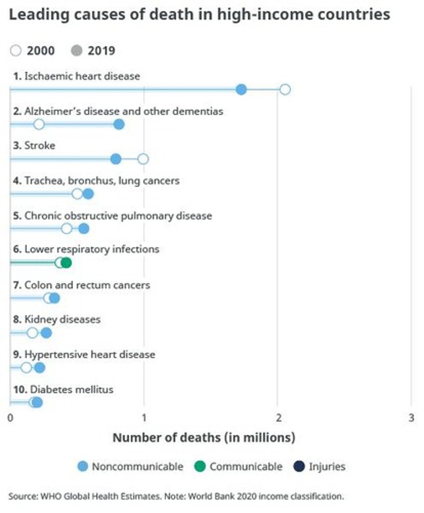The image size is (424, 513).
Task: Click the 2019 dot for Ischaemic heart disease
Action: point(241,90)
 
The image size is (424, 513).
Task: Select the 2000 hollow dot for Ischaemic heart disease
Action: point(285,90)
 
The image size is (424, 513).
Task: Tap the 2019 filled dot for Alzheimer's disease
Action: point(119,124)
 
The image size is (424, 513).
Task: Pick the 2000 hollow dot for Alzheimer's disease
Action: point(39,124)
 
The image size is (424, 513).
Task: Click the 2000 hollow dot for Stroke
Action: point(143,159)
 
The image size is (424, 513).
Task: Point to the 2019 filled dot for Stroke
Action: point(116,159)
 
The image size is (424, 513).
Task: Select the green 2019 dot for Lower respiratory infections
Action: point(66,262)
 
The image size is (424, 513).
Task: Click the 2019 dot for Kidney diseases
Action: point(46,333)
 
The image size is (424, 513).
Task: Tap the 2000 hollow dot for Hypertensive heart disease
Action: point(26,368)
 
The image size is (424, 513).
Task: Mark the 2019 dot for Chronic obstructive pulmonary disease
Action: point(84,228)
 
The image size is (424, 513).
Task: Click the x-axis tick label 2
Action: point(278,418)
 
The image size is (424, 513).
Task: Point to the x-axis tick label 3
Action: point(411,418)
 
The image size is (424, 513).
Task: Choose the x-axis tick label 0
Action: point(11,418)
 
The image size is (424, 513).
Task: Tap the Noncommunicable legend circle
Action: point(84,466)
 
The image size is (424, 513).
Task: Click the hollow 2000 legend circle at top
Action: point(15,51)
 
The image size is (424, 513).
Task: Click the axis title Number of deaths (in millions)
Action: point(204,438)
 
